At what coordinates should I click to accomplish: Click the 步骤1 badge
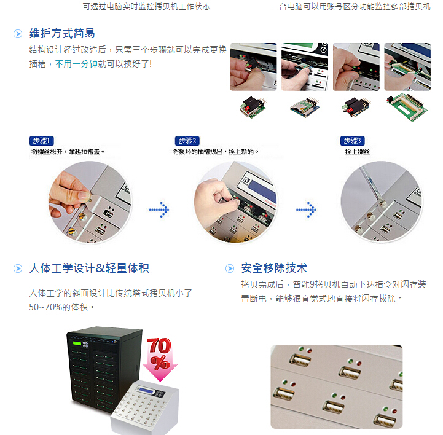(42, 141)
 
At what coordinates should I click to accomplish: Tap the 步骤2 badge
(187, 141)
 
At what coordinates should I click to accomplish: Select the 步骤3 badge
(352, 141)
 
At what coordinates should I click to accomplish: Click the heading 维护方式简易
(62, 33)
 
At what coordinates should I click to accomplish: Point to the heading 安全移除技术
(274, 268)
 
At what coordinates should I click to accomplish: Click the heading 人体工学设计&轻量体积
(89, 268)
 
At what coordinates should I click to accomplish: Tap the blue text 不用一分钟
(76, 64)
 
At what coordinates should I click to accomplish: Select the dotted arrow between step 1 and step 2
(159, 210)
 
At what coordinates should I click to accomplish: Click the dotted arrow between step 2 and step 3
(306, 210)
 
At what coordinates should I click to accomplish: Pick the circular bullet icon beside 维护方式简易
(18, 34)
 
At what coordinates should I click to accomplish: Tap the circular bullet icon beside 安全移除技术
(230, 268)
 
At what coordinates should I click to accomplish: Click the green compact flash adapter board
(407, 107)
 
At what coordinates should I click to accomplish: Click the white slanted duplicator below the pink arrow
(145, 407)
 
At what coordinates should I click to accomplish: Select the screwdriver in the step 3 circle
(372, 184)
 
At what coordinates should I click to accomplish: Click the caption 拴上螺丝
(358, 152)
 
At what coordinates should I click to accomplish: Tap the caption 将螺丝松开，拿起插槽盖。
(68, 152)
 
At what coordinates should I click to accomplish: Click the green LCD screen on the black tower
(77, 343)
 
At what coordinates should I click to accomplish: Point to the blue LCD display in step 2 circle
(262, 190)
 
